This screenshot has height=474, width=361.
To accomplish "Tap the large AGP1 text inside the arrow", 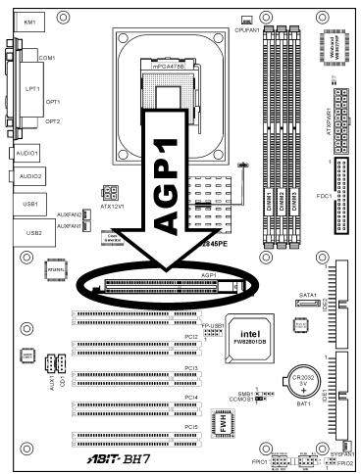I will pyautogui.click(x=174, y=158).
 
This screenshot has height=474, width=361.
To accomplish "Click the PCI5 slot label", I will pyautogui.click(x=191, y=428).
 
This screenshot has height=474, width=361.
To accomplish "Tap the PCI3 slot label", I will pyautogui.click(x=191, y=368).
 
